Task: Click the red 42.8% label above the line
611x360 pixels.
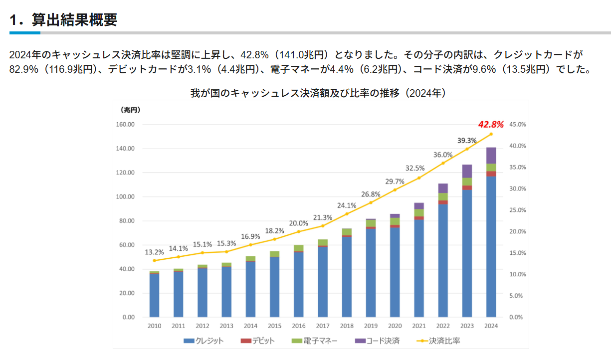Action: click(491, 124)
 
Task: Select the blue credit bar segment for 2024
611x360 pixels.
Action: click(491, 247)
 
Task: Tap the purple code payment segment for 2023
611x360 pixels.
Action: click(467, 171)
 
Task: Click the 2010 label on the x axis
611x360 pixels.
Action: click(154, 326)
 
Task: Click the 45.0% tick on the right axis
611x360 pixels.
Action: click(518, 125)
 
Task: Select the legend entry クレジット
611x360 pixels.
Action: click(204, 341)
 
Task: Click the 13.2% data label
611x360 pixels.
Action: click(154, 252)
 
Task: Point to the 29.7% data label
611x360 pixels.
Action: click(395, 180)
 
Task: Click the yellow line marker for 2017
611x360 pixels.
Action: click(323, 226)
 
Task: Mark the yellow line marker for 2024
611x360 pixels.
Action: click(491, 134)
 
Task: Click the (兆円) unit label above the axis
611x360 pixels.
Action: click(130, 109)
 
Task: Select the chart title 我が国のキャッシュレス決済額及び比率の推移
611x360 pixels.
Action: click(318, 93)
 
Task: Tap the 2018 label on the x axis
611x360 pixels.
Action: click(347, 326)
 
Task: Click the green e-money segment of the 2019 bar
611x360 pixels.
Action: click(371, 223)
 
